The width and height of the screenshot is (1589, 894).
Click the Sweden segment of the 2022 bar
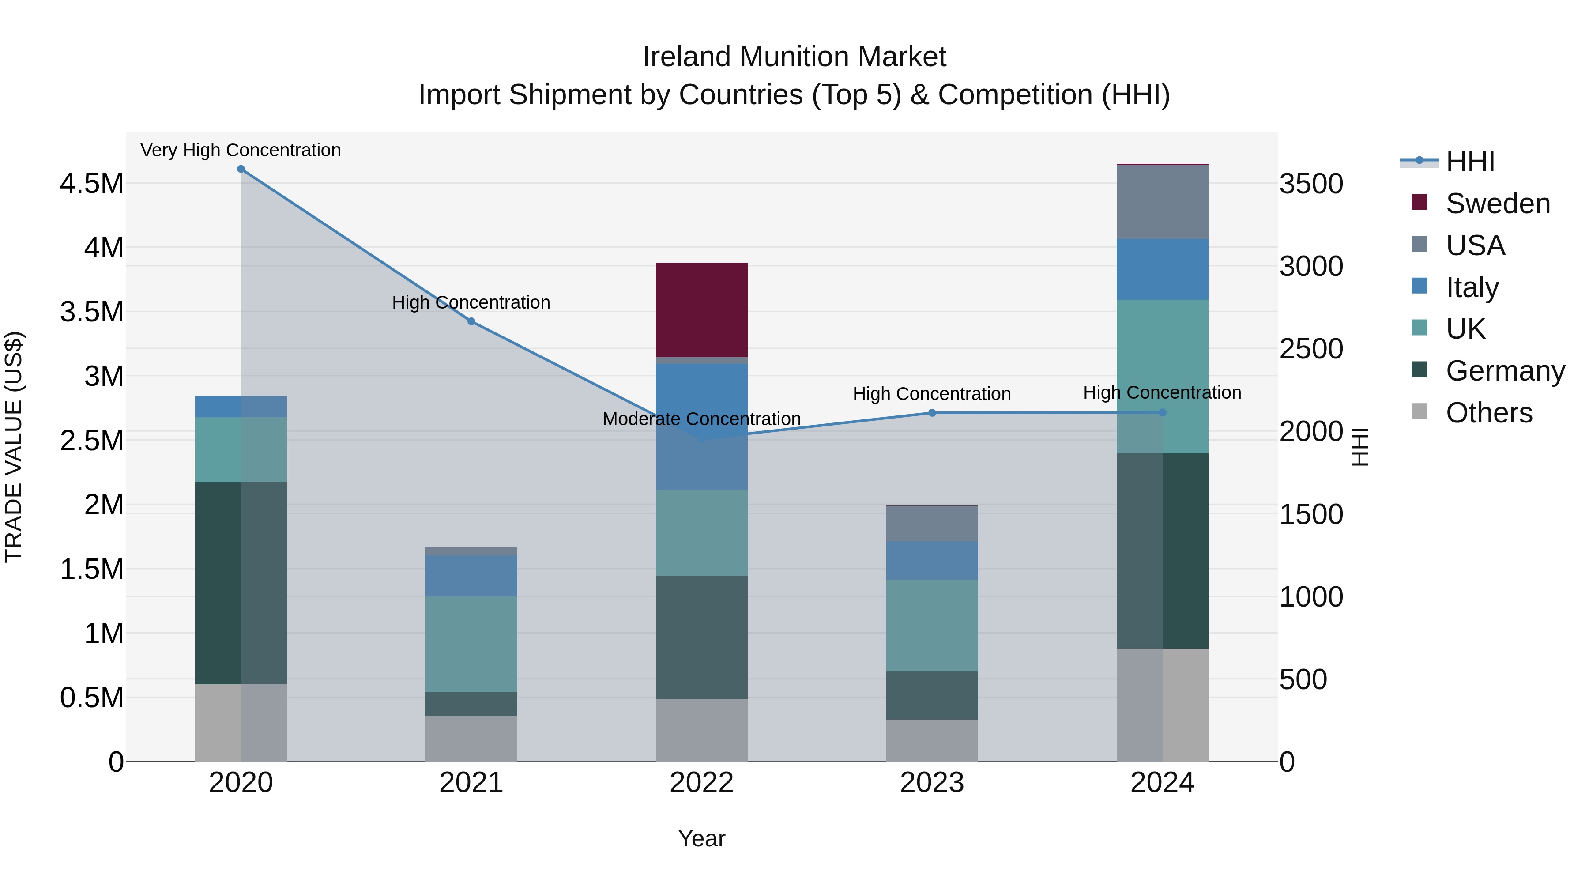[701, 310]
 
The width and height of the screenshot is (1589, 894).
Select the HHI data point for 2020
[241, 169]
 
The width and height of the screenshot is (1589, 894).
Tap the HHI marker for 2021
[471, 321]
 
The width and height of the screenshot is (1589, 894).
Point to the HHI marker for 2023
[932, 413]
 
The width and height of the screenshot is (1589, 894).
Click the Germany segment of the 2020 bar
[241, 583]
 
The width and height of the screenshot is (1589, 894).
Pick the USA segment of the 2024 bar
[1162, 202]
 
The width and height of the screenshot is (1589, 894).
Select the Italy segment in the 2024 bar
[1162, 270]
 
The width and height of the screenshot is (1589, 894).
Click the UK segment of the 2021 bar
[471, 644]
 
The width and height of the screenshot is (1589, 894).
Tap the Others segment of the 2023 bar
[932, 740]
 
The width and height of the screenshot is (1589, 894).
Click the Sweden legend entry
[1498, 204]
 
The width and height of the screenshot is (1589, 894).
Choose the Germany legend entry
[1505, 371]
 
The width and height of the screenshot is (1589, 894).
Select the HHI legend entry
[1470, 162]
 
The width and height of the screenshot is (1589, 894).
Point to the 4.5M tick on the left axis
[92, 184]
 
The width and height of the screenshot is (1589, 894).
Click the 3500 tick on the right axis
[1311, 184]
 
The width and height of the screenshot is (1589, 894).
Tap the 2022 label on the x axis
[701, 783]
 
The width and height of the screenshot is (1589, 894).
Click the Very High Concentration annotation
[241, 150]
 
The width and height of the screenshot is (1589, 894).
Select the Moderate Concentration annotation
[701, 419]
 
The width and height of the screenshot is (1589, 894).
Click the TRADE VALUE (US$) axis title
[14, 447]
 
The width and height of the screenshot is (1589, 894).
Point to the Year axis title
[701, 838]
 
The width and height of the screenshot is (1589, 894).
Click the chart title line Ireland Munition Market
[794, 57]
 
